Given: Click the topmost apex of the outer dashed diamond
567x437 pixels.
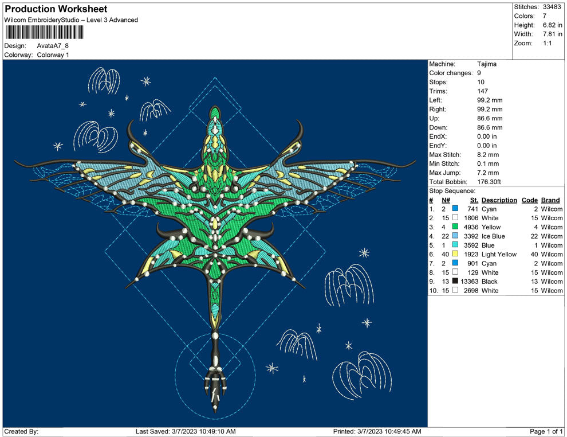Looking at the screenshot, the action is (215, 77).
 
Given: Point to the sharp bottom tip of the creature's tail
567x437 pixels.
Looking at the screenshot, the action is (215, 413).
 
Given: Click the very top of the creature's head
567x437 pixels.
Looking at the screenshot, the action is (215, 107).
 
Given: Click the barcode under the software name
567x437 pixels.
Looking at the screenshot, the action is (44, 33).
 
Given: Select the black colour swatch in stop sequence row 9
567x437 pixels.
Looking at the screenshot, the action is (455, 281).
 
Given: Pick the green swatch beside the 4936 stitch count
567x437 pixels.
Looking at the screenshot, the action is (455, 227).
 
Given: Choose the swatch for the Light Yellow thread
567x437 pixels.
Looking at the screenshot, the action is (455, 254).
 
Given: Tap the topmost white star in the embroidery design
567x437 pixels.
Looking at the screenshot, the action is (145, 81).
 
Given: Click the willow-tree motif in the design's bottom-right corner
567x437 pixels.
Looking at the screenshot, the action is (363, 375).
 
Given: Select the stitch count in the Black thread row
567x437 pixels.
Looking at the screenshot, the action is (470, 282).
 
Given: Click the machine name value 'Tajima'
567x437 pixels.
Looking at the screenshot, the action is (487, 64).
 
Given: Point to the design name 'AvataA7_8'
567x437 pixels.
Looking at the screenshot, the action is (53, 46).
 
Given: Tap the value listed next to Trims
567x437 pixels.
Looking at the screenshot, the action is (482, 91).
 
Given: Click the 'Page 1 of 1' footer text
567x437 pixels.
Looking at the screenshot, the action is (546, 432).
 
